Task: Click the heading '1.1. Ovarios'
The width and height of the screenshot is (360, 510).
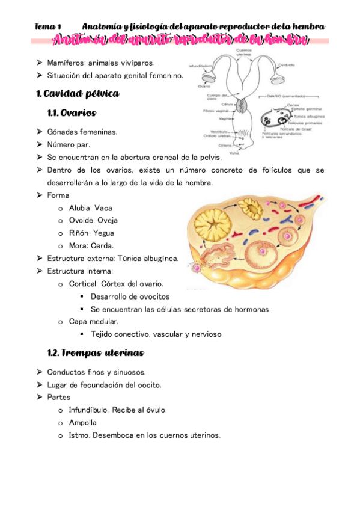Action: click(x=71, y=113)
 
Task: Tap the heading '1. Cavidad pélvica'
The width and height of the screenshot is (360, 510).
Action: click(x=78, y=94)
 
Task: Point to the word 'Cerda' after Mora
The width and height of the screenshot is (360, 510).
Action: click(x=102, y=245)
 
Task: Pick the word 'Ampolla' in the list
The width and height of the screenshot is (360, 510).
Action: click(x=82, y=422)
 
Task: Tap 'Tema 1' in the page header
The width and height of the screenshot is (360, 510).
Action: click(x=48, y=27)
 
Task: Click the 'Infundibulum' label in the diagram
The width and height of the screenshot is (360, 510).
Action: click(x=200, y=66)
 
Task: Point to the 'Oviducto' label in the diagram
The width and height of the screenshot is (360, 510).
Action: click(x=287, y=64)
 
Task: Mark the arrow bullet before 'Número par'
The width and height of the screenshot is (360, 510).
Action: click(x=38, y=144)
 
